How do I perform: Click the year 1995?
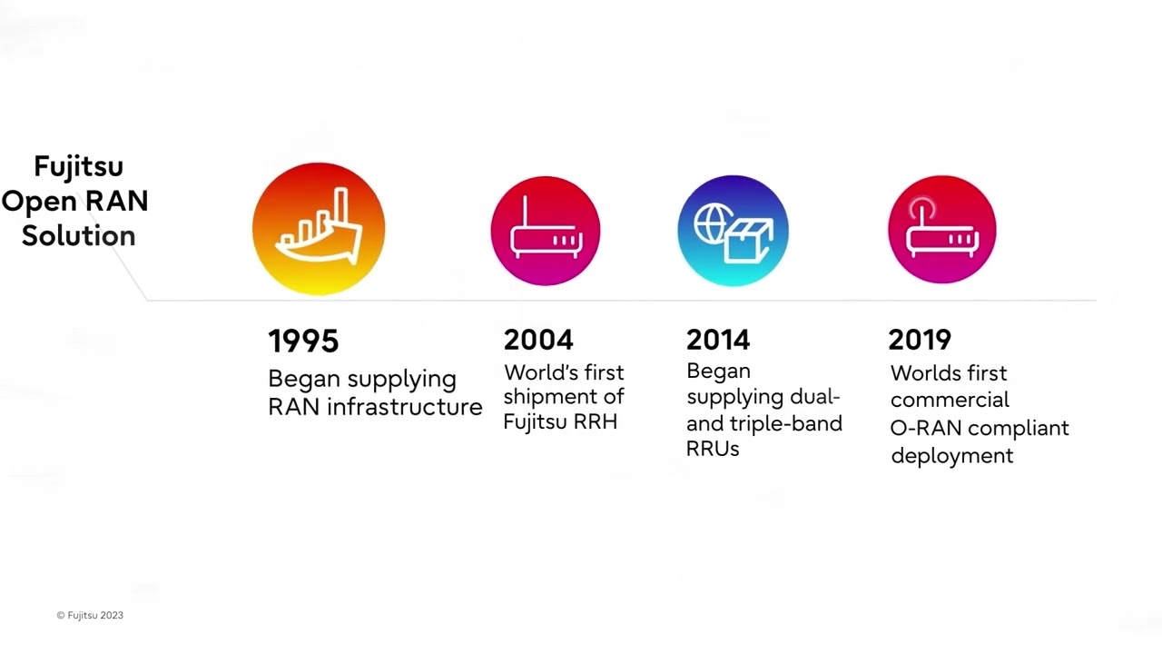[x=303, y=342]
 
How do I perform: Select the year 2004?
[x=538, y=340]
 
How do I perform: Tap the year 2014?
[x=718, y=340]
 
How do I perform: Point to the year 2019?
[x=920, y=340]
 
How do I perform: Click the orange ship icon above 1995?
[x=319, y=229]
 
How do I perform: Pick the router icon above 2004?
[x=545, y=230]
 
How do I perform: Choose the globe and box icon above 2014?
[x=733, y=231]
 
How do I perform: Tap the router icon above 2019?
[x=941, y=230]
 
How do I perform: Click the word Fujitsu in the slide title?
[x=78, y=166]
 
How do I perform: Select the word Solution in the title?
[x=78, y=235]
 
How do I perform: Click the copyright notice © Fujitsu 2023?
[x=90, y=615]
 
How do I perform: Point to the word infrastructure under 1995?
[x=405, y=406]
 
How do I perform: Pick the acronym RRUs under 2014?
[x=713, y=448]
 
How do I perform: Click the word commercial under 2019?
[x=950, y=400]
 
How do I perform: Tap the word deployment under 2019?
[x=951, y=455]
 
